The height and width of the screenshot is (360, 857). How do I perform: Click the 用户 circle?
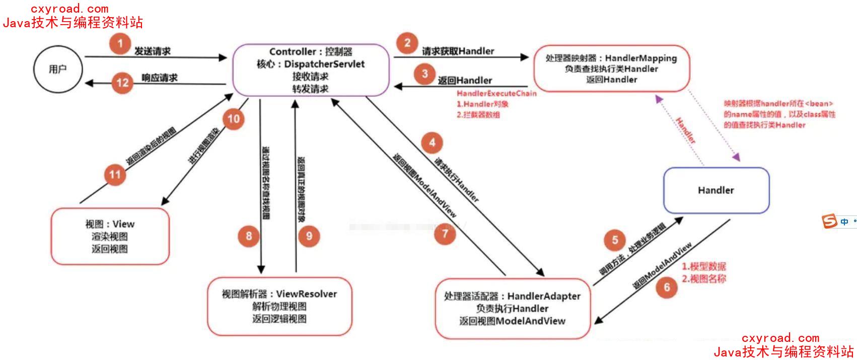(58, 69)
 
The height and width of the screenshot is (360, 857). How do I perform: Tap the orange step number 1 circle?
(120, 43)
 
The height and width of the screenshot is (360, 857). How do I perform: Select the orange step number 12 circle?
(122, 82)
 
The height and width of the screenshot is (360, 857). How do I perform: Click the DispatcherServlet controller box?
(310, 70)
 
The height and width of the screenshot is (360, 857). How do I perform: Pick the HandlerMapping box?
(611, 68)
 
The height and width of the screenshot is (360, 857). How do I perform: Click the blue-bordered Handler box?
(716, 190)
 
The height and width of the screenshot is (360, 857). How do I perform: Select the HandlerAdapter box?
(512, 308)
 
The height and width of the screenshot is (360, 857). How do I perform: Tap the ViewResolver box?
(279, 306)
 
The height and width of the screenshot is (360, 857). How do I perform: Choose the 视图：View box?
(110, 236)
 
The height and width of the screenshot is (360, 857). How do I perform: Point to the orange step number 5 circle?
(615, 240)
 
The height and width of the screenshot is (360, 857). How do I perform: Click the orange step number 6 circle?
(667, 287)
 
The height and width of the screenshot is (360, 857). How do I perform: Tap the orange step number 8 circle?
(249, 236)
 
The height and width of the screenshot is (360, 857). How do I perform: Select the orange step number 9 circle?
(309, 236)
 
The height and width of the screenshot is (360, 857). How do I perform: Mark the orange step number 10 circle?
(234, 119)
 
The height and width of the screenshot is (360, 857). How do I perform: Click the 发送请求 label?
(152, 51)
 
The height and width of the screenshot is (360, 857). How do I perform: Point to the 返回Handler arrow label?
(465, 81)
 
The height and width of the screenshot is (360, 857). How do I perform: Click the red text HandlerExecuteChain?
(496, 94)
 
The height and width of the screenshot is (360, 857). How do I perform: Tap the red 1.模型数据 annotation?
(704, 266)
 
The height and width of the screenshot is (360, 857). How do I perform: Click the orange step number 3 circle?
(424, 74)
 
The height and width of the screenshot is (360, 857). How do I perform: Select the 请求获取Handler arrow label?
(458, 51)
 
